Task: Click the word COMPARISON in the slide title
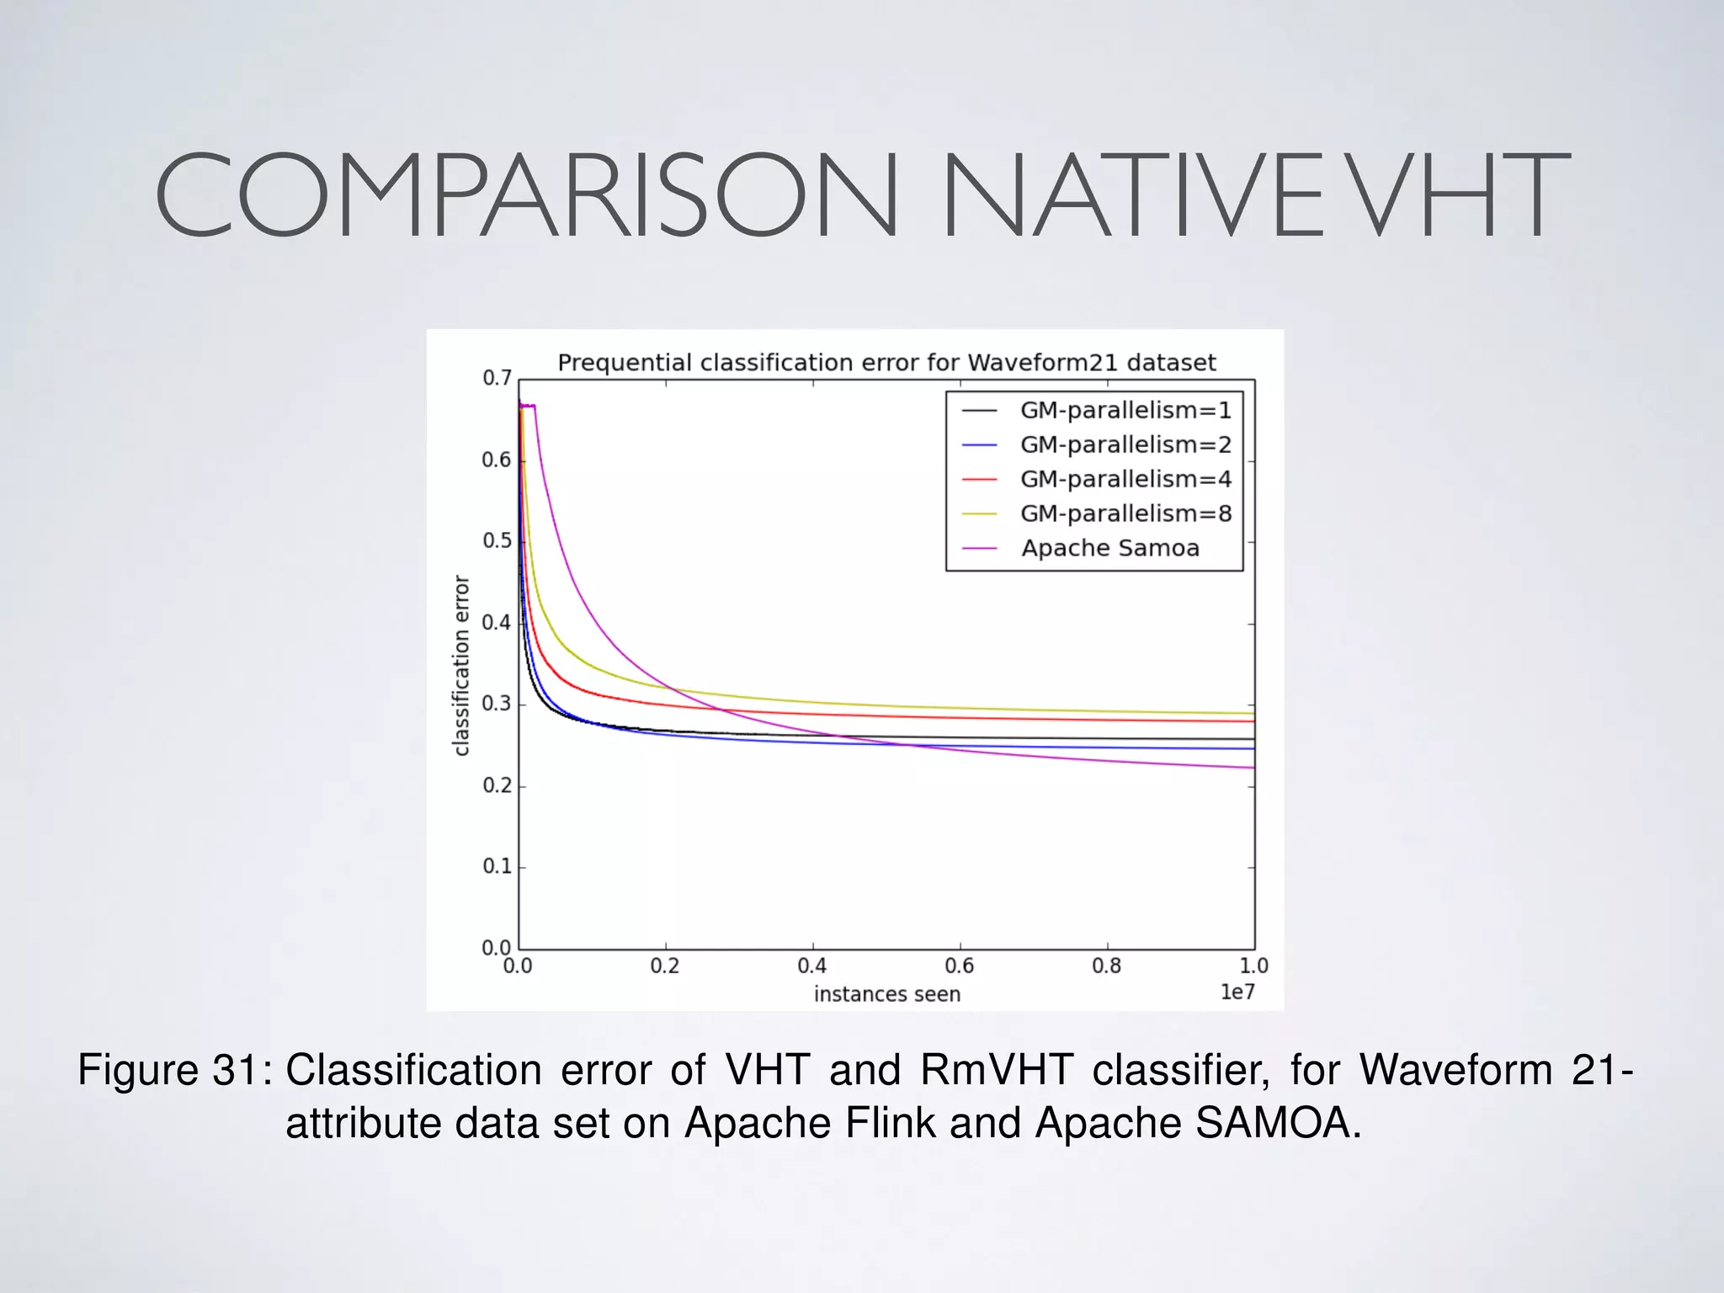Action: (526, 195)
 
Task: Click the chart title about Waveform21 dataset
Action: (886, 363)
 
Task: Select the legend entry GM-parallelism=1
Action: (1125, 411)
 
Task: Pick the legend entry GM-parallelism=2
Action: (1125, 445)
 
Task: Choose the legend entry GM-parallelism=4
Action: (1125, 480)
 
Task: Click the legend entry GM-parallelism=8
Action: (1125, 514)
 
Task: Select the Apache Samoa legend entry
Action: (1109, 549)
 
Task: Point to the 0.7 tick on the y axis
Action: (497, 379)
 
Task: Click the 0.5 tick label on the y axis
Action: (497, 541)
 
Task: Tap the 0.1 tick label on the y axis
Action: (497, 867)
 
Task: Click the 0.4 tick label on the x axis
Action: (812, 966)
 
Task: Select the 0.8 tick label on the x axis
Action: (1107, 966)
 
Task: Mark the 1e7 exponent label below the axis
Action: (1237, 993)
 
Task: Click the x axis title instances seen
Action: (886, 995)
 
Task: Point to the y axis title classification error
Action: (461, 665)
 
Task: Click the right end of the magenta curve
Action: (1252, 768)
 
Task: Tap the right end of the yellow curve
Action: (1252, 714)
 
